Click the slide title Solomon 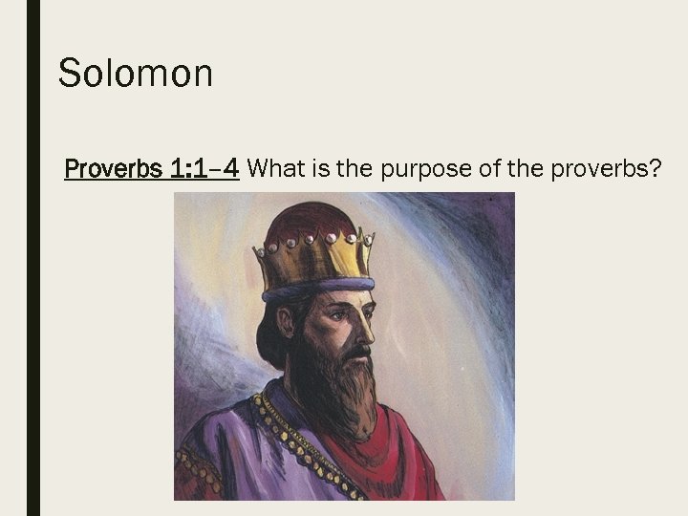pos(135,74)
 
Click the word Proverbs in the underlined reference pos(113,170)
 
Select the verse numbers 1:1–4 pos(204,170)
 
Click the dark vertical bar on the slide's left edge pos(33,258)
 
